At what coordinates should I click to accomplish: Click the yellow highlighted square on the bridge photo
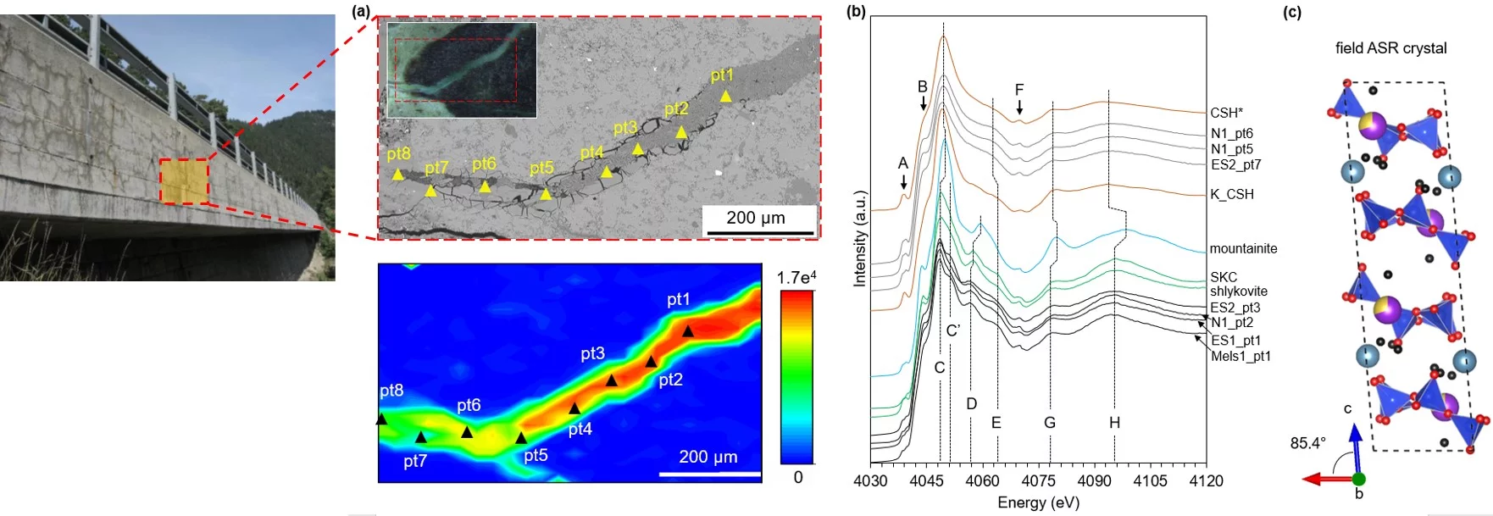click(184, 181)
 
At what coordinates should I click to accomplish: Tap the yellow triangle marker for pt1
click(725, 97)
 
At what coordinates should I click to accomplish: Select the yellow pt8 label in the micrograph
click(398, 154)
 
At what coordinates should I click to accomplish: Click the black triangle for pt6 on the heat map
click(467, 432)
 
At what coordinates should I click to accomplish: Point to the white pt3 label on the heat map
click(592, 353)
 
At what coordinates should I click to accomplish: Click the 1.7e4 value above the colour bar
click(796, 278)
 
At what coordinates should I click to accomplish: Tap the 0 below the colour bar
click(797, 477)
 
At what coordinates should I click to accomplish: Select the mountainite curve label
click(1243, 248)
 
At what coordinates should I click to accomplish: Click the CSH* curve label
click(1226, 113)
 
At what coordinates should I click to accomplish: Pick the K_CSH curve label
click(1231, 194)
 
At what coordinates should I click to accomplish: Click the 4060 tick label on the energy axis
click(982, 481)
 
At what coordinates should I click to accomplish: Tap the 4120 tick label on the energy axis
click(1206, 481)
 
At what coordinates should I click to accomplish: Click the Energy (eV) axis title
click(1038, 502)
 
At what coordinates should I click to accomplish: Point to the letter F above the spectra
click(1019, 90)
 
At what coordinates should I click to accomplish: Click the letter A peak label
click(903, 163)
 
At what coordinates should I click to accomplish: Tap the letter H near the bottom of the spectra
click(1114, 422)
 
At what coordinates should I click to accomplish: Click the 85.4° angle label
click(1307, 443)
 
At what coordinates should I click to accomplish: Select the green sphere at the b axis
click(1359, 479)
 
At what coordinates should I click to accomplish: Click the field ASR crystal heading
click(1390, 48)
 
